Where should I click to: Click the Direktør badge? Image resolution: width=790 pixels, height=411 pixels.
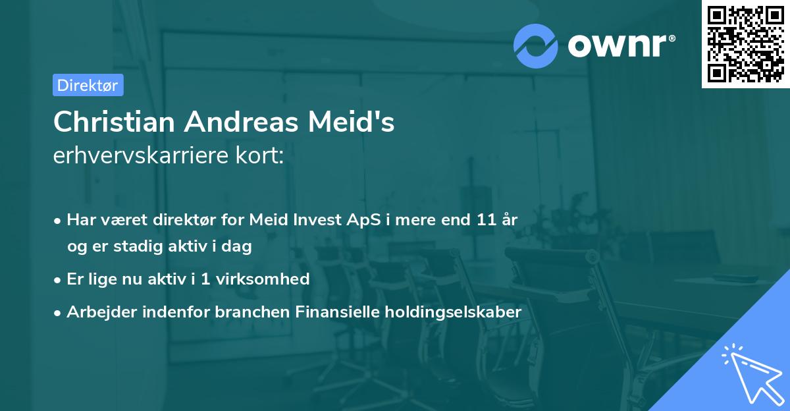click(x=88, y=85)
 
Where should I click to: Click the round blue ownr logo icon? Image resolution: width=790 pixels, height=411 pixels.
click(x=536, y=45)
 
